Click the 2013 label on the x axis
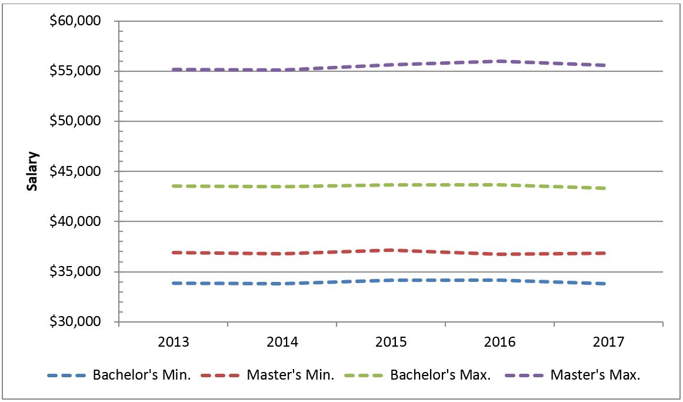tap(174, 342)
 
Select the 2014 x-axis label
tap(282, 342)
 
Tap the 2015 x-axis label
tap(391, 342)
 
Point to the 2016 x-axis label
tap(499, 342)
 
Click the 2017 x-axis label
tap(608, 342)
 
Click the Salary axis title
tap(33, 171)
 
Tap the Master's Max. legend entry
tap(595, 376)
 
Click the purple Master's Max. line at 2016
tap(499, 61)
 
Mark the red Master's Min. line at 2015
tap(391, 250)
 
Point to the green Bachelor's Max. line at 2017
tap(605, 188)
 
